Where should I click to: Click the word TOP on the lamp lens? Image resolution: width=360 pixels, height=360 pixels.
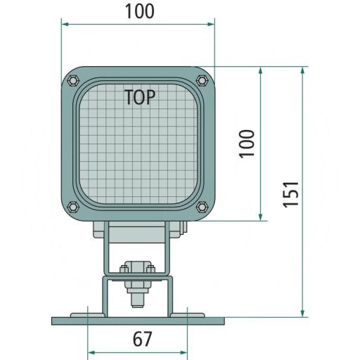(x=141, y=97)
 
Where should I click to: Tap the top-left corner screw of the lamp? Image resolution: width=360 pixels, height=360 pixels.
(x=73, y=79)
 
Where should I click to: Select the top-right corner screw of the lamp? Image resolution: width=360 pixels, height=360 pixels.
(x=202, y=79)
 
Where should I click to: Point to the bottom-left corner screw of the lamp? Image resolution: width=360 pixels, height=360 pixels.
(x=73, y=207)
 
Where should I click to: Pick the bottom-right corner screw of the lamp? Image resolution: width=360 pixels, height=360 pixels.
(x=202, y=207)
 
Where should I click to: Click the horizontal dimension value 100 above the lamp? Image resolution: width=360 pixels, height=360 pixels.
(x=139, y=11)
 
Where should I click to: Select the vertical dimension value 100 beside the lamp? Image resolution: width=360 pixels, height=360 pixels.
(x=246, y=143)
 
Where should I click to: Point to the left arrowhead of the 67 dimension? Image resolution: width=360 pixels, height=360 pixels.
(x=91, y=352)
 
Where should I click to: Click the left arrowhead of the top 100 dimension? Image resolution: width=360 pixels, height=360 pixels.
(x=65, y=24)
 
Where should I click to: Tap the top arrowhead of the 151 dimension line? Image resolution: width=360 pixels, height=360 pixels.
(x=303, y=71)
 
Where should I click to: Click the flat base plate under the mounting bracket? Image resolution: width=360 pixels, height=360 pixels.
(x=138, y=321)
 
